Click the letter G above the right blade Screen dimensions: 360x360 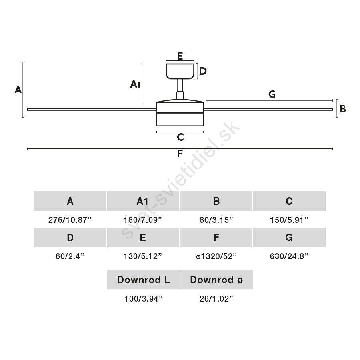tap(272, 94)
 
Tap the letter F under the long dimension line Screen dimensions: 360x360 tap(180, 153)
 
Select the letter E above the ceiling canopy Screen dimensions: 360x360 tap(180, 56)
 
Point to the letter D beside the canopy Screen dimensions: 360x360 tap(203, 71)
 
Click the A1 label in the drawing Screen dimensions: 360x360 tap(135, 84)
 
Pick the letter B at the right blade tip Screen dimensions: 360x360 tap(343, 108)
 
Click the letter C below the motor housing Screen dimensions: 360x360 tap(180, 137)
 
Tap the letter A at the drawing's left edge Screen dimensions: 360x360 tap(18, 90)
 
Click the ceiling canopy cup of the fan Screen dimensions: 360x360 tap(180, 71)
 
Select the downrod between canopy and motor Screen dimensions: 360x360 tap(180, 89)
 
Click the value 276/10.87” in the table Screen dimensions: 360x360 tap(70, 220)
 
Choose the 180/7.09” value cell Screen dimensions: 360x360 tap(142, 220)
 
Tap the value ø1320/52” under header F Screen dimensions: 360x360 tap(216, 256)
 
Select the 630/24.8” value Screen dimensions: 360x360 tap(289, 256)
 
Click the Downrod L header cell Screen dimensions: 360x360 tap(143, 280)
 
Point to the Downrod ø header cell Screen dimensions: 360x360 tap(216, 280)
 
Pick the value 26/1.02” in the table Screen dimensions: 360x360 tap(216, 299)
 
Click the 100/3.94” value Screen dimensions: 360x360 tap(143, 299)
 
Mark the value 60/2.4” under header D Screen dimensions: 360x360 tap(70, 256)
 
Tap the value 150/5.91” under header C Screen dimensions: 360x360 tap(289, 220)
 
